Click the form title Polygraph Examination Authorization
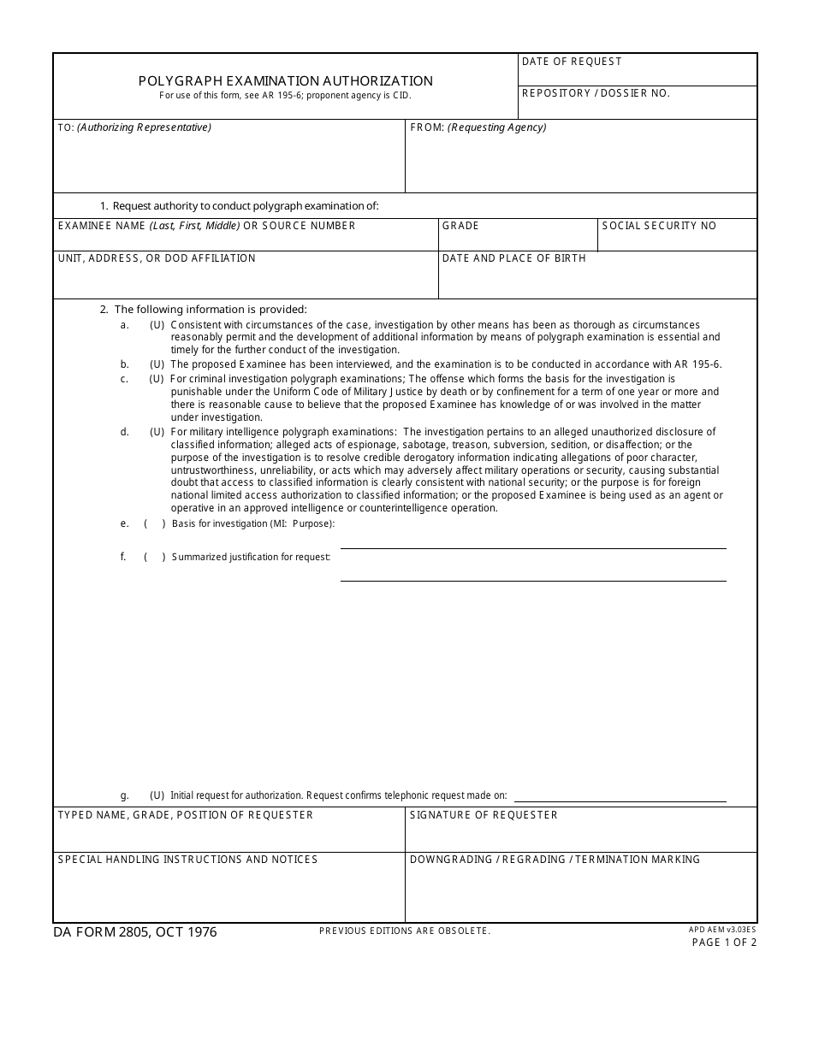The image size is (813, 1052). coord(286,81)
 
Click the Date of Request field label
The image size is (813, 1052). coord(572,62)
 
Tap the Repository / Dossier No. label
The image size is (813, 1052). coord(596,93)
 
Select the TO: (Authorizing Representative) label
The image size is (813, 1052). coord(134,127)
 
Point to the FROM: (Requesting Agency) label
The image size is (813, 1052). coord(478,127)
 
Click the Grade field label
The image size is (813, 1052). coord(460,226)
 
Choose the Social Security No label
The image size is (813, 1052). coord(659,226)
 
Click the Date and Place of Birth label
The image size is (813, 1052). coord(513,258)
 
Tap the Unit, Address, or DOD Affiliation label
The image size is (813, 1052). coord(157,258)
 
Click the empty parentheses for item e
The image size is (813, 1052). coord(155,523)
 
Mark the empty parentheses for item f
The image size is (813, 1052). coord(155,557)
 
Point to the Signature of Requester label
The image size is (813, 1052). coord(484,815)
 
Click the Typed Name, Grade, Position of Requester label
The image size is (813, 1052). coord(186,815)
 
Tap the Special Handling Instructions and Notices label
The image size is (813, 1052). coord(187,860)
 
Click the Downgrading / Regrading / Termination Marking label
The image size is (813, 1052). coord(555,860)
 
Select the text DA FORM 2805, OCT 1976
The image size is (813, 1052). coord(135,932)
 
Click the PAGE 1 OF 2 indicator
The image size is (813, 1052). coord(724,943)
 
